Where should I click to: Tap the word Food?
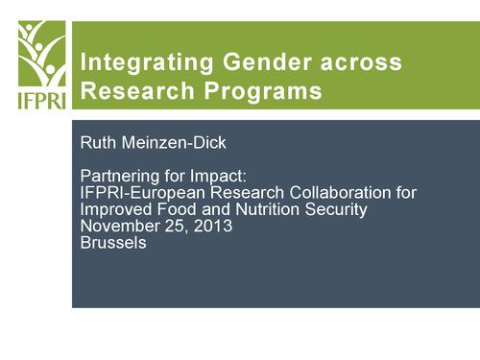(176, 210)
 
